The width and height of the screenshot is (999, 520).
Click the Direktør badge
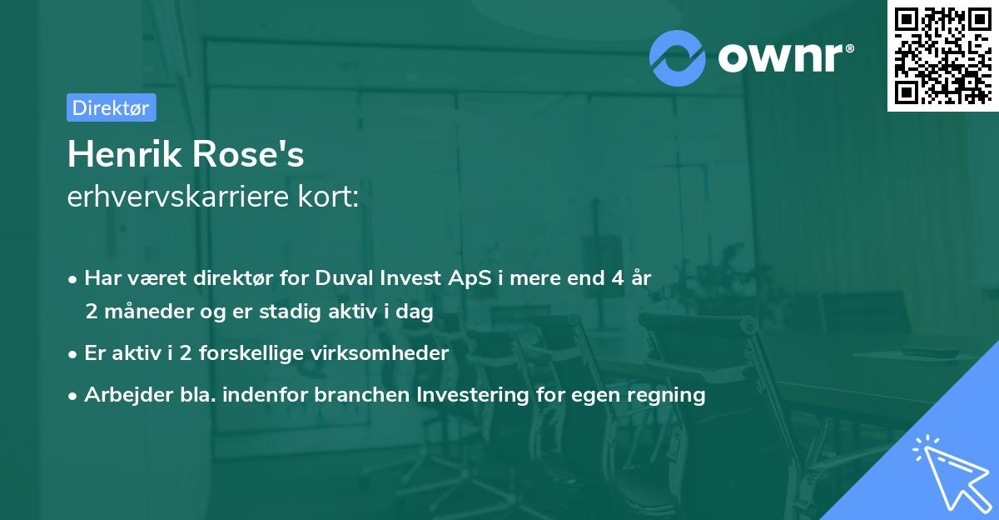pos(111,107)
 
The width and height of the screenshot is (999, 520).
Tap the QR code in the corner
pos(942,55)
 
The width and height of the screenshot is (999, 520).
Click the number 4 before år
pos(617,279)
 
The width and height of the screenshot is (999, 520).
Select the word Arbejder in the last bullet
pos(122,395)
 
